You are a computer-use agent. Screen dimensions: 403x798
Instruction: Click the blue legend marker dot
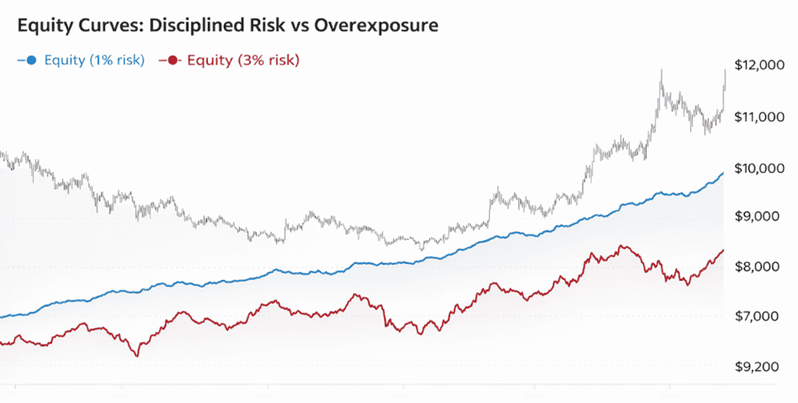tap(30, 60)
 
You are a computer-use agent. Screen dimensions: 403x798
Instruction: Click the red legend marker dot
tap(172, 60)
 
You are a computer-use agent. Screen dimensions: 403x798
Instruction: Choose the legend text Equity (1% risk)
tap(92, 60)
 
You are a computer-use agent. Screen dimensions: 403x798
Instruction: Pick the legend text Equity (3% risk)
tap(242, 60)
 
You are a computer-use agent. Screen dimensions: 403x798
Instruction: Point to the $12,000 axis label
tap(760, 66)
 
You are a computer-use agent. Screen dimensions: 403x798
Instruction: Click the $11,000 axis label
tap(760, 116)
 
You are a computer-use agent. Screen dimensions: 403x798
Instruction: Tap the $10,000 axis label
tap(760, 168)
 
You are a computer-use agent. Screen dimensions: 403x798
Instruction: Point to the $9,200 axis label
tap(757, 367)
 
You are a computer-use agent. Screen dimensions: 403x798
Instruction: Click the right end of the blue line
tap(723, 174)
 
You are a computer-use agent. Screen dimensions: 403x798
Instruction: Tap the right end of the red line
tap(723, 251)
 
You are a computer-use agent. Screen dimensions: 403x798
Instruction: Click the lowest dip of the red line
tap(137, 356)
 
